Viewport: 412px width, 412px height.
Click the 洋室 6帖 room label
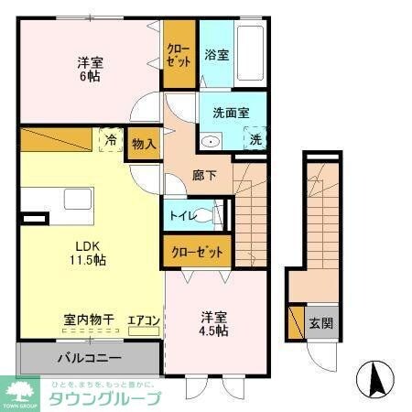click(x=89, y=70)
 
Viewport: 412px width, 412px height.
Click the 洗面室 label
click(x=229, y=114)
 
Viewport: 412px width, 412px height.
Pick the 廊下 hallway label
click(x=204, y=175)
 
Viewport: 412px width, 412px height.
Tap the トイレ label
click(x=181, y=217)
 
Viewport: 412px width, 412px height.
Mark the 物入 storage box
click(x=144, y=145)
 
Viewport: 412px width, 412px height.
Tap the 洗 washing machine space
click(x=256, y=140)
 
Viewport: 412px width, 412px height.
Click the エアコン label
click(x=144, y=320)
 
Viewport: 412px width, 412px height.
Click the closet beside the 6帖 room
click(x=179, y=55)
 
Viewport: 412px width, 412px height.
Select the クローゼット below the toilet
click(x=197, y=251)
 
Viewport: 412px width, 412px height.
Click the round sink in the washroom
click(x=210, y=141)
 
